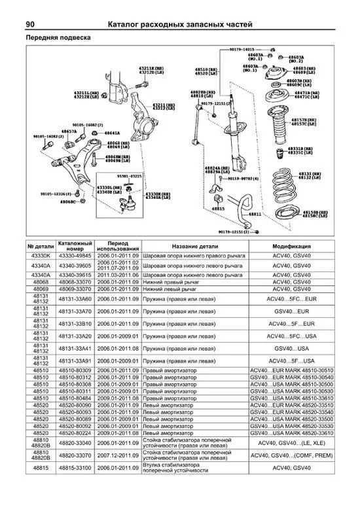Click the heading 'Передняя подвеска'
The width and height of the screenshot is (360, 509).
58,38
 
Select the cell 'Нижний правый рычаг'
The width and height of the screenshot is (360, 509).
170,281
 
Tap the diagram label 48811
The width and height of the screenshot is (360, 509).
255,214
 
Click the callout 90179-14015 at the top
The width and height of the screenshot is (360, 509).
242,49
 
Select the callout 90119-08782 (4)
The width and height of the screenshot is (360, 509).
242,178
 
